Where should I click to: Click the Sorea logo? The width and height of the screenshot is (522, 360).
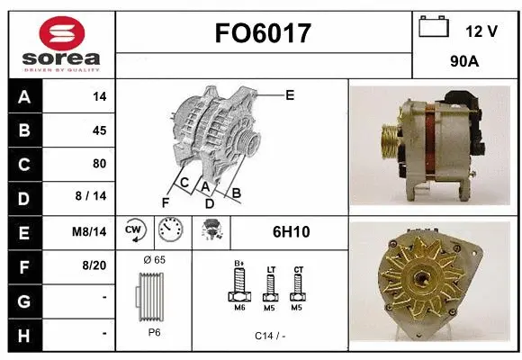[60, 44]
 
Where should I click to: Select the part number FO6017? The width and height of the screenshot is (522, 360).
[263, 34]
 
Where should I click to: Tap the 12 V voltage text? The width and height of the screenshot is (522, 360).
[481, 31]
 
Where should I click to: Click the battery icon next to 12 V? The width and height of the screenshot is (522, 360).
[434, 27]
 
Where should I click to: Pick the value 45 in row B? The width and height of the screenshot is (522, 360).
[99, 130]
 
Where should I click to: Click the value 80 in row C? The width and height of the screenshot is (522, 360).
[99, 164]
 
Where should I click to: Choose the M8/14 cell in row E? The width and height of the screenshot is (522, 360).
[90, 231]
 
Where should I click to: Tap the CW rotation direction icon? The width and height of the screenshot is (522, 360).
[135, 231]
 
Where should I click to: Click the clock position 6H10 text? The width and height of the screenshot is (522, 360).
[291, 231]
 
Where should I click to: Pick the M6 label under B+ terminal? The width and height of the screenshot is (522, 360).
[239, 308]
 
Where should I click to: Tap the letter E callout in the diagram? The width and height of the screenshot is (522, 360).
[290, 94]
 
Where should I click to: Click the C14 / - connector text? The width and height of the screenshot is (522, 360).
[269, 336]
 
